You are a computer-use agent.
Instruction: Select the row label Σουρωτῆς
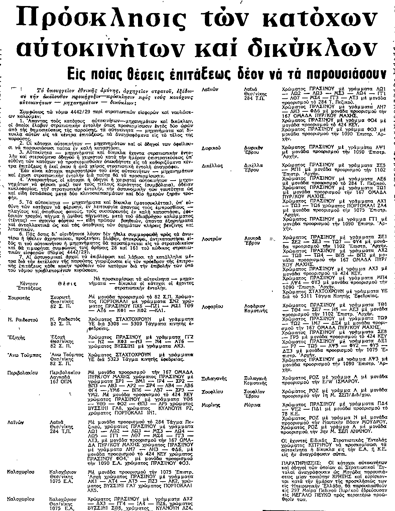19,297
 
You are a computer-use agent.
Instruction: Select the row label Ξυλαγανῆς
215,379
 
